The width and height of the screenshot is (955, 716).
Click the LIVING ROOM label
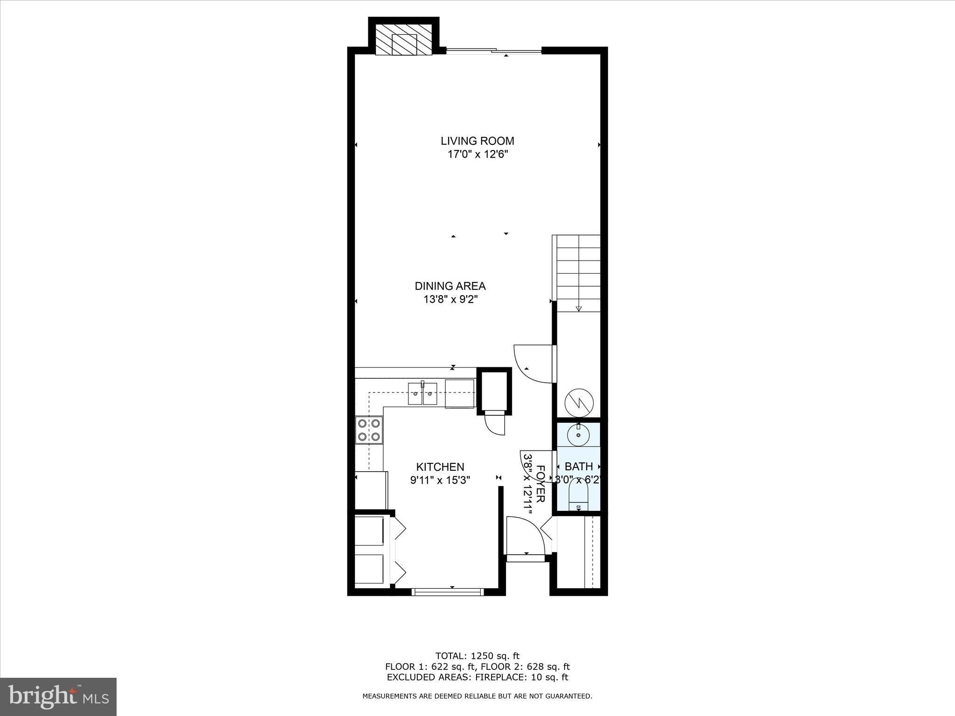point(477,141)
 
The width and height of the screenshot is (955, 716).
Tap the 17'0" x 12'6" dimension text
point(477,154)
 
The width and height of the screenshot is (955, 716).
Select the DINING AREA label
point(450,286)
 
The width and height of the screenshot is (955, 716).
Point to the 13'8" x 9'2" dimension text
point(450,299)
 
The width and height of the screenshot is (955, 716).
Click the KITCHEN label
point(440,467)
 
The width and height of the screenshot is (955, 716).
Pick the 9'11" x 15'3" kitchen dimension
point(440,480)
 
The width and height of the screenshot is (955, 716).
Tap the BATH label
point(579,466)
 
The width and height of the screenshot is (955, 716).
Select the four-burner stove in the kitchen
point(368,430)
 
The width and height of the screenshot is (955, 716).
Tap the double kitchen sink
point(422,393)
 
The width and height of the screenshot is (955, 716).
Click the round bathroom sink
point(578,435)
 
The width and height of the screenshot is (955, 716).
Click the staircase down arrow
point(579,308)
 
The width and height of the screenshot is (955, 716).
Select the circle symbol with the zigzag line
point(579,403)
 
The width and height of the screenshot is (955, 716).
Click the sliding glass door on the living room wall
point(494,51)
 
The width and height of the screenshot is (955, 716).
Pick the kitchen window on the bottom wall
point(448,592)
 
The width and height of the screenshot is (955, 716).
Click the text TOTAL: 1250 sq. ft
point(477,656)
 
